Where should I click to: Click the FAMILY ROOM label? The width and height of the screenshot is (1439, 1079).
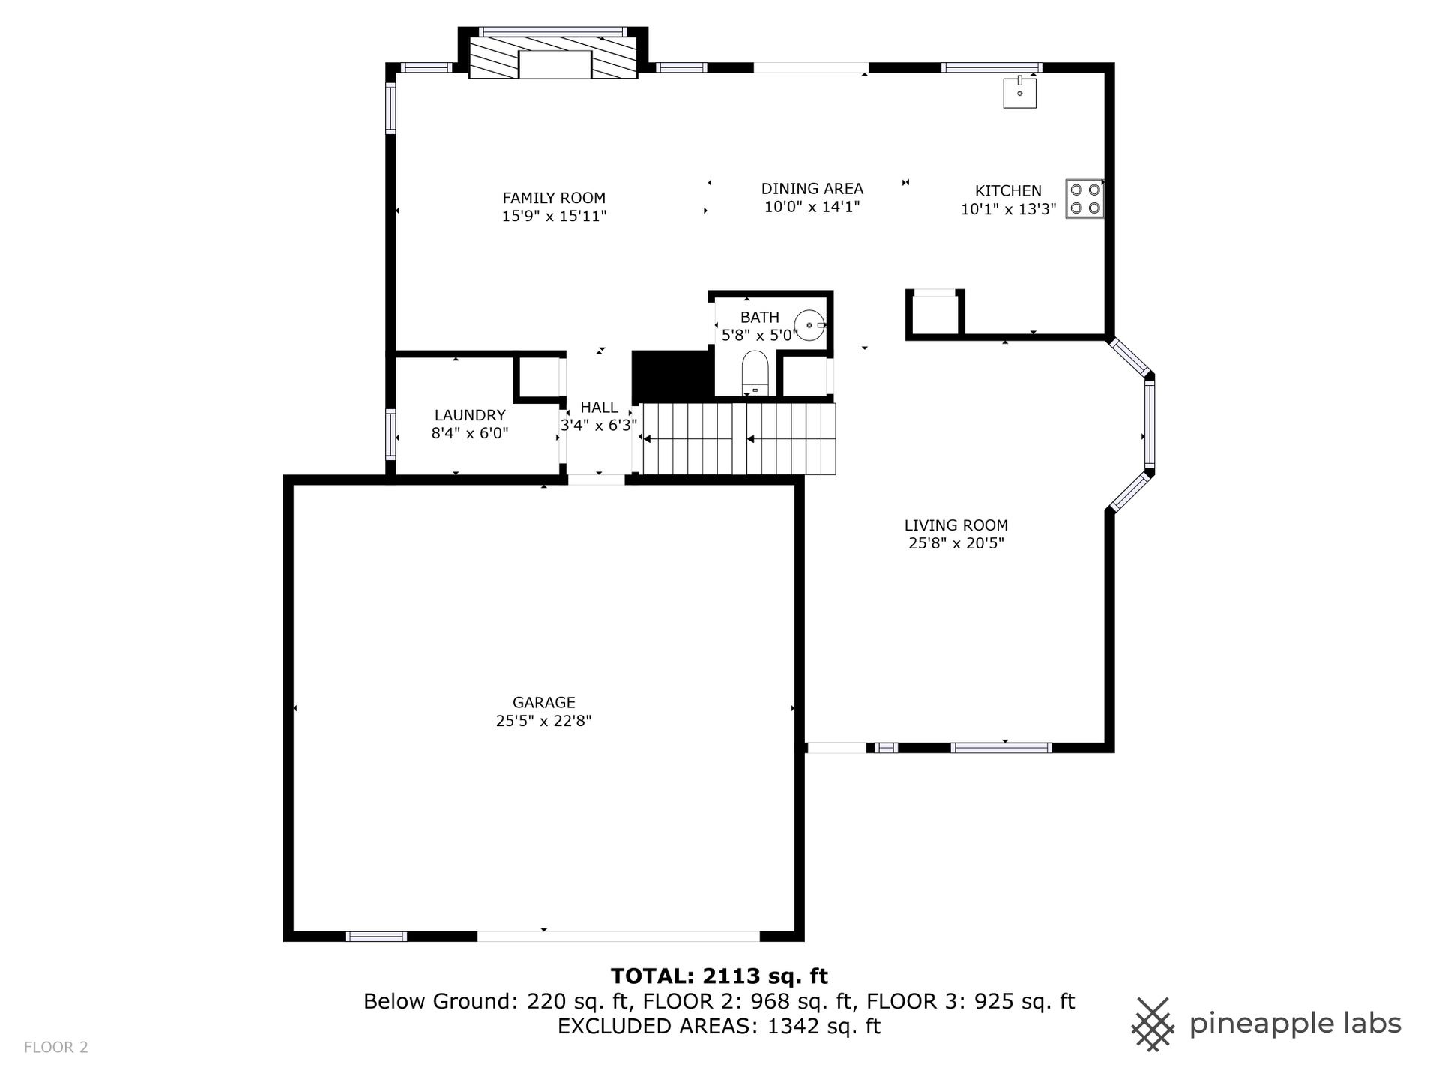pyautogui.click(x=554, y=198)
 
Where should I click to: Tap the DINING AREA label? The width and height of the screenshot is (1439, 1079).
pyautogui.click(x=812, y=189)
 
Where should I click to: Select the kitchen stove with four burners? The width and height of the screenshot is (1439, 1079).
pyautogui.click(x=1084, y=199)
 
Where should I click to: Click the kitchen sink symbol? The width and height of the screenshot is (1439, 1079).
pyautogui.click(x=1020, y=92)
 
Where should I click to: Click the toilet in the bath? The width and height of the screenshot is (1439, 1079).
pyautogui.click(x=755, y=372)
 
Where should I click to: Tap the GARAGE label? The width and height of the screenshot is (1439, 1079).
pyautogui.click(x=544, y=703)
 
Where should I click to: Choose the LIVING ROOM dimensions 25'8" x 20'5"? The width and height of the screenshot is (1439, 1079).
pyautogui.click(x=956, y=543)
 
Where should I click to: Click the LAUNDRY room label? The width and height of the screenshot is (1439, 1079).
pyautogui.click(x=470, y=415)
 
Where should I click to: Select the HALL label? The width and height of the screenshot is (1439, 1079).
pyautogui.click(x=599, y=408)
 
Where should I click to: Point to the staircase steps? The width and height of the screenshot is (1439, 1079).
pyautogui.click(x=738, y=439)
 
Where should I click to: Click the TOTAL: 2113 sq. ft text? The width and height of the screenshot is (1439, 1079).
pyautogui.click(x=719, y=976)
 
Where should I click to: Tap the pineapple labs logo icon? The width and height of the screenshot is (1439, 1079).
pyautogui.click(x=1153, y=1024)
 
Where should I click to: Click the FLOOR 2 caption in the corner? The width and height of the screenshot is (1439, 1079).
pyautogui.click(x=56, y=1048)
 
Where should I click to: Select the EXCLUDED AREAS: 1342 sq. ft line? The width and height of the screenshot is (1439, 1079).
pyautogui.click(x=719, y=1026)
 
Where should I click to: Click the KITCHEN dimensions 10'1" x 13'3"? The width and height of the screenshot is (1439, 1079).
pyautogui.click(x=1009, y=209)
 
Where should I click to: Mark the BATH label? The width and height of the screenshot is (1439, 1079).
pyautogui.click(x=760, y=318)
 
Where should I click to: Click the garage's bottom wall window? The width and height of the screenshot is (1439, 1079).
pyautogui.click(x=376, y=936)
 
